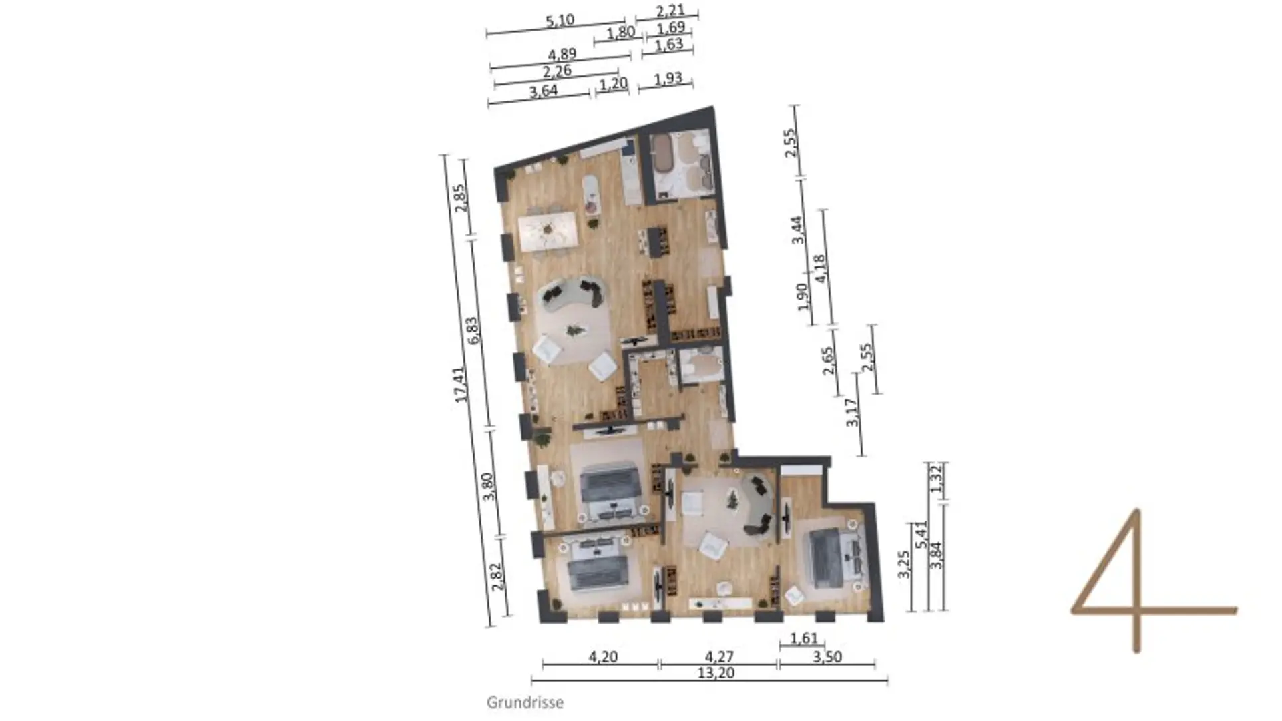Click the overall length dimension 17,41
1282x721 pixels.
pos(460,385)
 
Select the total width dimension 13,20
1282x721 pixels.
pos(716,673)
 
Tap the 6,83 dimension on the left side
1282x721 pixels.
pos(473,330)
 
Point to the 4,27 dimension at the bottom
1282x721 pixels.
pos(718,657)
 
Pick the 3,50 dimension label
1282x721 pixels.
pos(827,657)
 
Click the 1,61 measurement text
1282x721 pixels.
pos(804,638)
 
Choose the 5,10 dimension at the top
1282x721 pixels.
pos(560,21)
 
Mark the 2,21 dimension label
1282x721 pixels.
pos(670,11)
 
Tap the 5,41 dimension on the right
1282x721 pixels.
pos(921,535)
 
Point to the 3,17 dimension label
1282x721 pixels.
pos(851,413)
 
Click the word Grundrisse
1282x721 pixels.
pos(525,702)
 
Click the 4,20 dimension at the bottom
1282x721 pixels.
pos(603,657)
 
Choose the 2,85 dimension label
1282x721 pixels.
pos(459,198)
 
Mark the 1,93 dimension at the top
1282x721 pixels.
pos(668,79)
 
